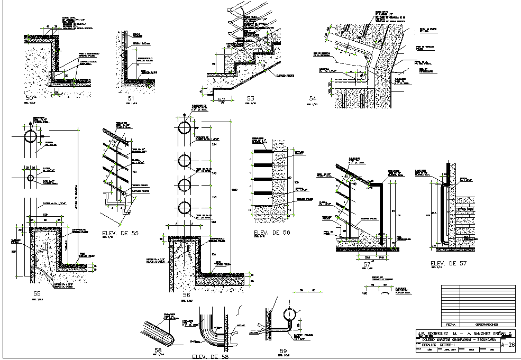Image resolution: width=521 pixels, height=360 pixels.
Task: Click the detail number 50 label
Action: [x=30, y=98]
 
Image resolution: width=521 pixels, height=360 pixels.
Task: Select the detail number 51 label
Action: [x=131, y=98]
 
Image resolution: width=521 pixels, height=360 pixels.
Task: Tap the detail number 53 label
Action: [x=251, y=98]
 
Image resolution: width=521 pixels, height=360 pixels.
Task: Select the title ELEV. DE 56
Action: [x=272, y=233]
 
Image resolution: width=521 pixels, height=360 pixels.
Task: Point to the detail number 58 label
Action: [x=158, y=350]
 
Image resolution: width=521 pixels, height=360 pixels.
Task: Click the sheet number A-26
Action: [x=508, y=345]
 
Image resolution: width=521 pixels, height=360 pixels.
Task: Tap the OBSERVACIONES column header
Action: [x=487, y=324]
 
